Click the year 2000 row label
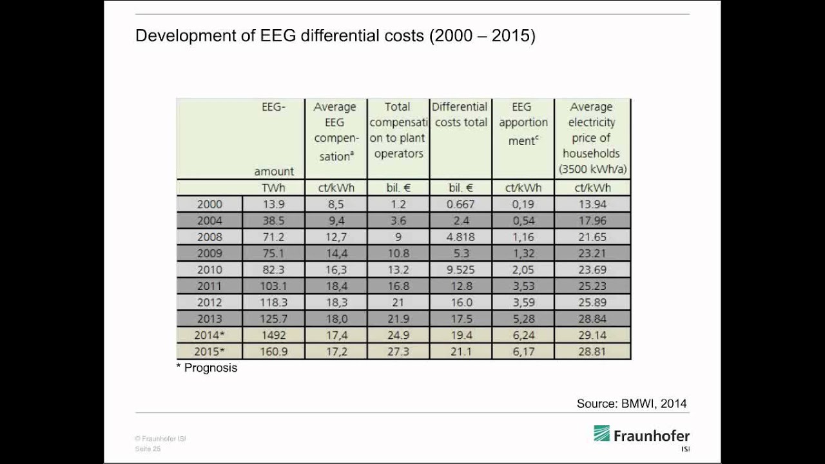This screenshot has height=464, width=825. (x=209, y=204)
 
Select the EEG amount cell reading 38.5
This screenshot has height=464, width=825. (x=274, y=220)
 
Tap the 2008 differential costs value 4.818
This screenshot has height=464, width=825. (x=460, y=237)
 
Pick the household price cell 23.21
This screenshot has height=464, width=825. (x=592, y=253)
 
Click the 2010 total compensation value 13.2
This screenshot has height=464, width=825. (x=398, y=269)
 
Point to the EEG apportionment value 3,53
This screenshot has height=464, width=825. (x=523, y=286)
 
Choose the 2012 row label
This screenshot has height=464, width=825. (x=209, y=302)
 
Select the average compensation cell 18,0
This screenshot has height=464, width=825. (x=336, y=319)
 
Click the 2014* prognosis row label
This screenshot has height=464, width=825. (x=209, y=335)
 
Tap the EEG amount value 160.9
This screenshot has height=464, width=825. (x=274, y=351)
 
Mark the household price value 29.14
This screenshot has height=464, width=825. (x=592, y=335)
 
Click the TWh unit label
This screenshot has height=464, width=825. (x=274, y=188)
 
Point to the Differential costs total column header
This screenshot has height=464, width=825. (x=460, y=115)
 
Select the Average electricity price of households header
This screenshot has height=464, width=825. (x=592, y=138)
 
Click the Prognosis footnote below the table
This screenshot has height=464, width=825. (x=207, y=368)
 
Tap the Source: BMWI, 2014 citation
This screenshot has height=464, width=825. (x=632, y=403)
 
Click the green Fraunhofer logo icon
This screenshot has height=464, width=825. (x=601, y=434)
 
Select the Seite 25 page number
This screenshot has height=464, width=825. (x=148, y=449)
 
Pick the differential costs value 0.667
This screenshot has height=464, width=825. (x=460, y=204)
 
